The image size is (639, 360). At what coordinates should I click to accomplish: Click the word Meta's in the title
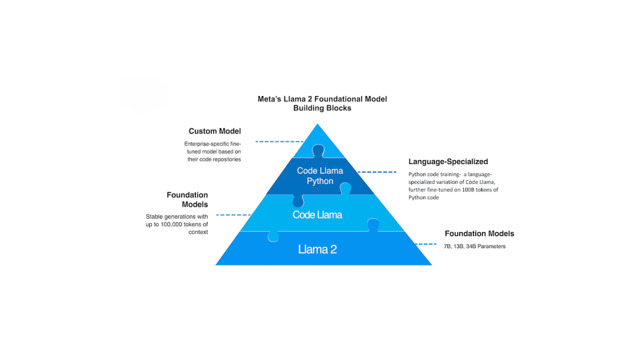click(270, 99)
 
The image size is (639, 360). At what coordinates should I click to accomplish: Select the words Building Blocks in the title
click(322, 108)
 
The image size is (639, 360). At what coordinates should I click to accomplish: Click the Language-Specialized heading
click(448, 162)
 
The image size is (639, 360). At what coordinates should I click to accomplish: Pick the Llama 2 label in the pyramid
click(318, 249)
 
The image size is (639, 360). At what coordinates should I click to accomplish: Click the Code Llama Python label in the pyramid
click(319, 176)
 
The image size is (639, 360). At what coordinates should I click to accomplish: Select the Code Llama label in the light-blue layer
click(317, 214)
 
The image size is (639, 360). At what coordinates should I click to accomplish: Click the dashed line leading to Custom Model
click(278, 142)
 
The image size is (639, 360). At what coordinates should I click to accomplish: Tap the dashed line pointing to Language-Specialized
click(377, 172)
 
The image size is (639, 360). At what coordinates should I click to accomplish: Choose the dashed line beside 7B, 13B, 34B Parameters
click(425, 244)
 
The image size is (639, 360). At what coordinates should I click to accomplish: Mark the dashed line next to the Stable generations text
click(233, 215)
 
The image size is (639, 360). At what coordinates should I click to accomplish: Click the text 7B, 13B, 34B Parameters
click(475, 246)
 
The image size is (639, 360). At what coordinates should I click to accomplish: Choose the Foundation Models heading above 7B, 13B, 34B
click(479, 234)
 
